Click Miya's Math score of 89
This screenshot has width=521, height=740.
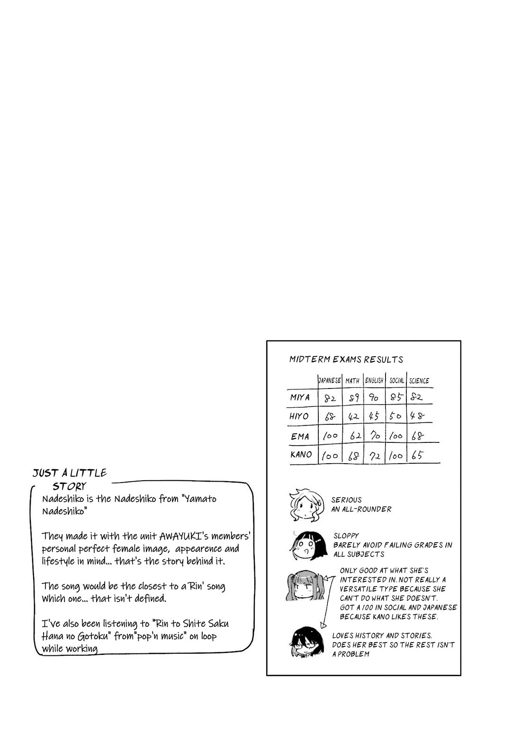[x=354, y=398]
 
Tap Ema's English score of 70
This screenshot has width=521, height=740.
[x=375, y=436]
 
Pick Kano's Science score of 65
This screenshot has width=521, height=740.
[x=417, y=456]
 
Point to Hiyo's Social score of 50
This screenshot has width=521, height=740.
[x=395, y=416]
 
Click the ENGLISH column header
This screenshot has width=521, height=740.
[x=374, y=380]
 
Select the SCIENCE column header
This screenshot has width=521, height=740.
[x=419, y=380]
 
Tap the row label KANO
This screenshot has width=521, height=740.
[x=301, y=455]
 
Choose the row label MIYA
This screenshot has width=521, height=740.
[x=300, y=397]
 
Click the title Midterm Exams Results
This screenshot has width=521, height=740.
[x=346, y=360]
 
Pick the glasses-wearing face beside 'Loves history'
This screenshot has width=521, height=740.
[x=304, y=642]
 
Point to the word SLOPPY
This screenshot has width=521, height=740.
[x=346, y=536]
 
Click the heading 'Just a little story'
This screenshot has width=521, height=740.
[x=70, y=479]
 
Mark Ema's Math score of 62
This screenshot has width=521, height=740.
[x=355, y=436]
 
